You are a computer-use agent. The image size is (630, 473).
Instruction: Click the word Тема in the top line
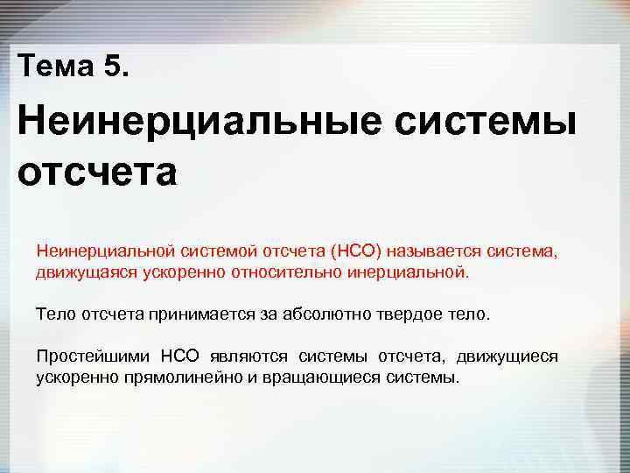click(53, 66)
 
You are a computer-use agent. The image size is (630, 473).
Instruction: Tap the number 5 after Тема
click(114, 66)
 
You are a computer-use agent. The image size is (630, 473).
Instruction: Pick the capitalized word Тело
click(52, 314)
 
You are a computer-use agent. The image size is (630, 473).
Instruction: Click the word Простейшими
click(90, 357)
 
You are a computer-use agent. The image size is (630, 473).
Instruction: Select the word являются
click(248, 357)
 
